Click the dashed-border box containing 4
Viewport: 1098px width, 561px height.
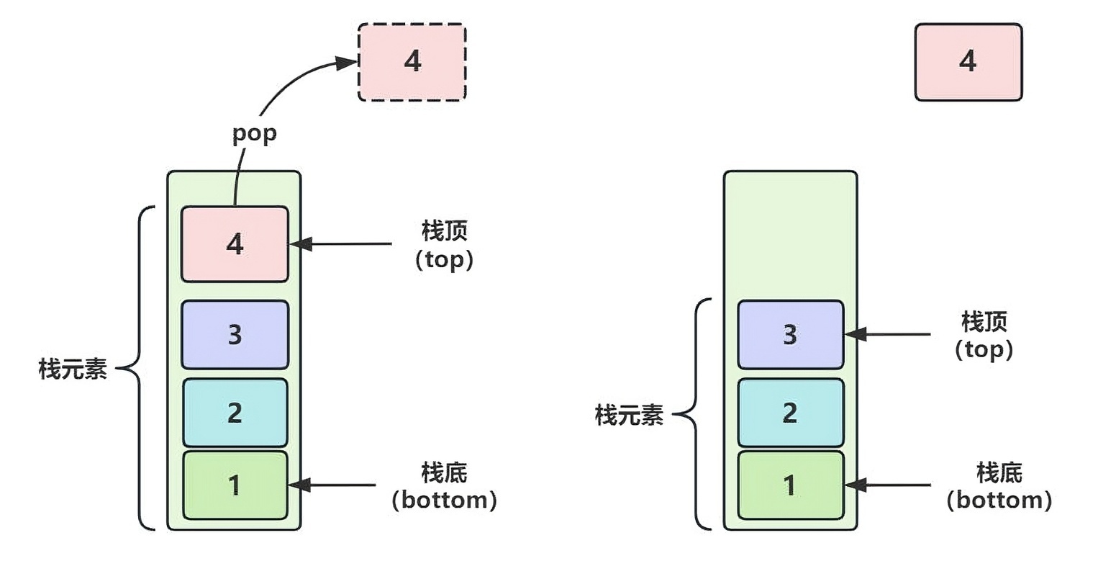coord(412,63)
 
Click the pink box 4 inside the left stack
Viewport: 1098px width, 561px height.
coord(235,244)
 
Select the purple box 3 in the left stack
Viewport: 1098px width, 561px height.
coord(235,335)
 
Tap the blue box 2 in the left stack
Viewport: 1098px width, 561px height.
coord(235,412)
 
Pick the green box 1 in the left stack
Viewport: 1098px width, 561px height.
coord(235,485)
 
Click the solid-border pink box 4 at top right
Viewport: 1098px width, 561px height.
coord(968,63)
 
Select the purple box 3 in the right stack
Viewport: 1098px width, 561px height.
coord(791,335)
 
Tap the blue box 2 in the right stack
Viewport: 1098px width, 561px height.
coord(791,412)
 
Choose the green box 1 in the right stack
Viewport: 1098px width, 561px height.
coord(791,485)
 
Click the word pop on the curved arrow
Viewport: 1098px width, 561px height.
coord(255,133)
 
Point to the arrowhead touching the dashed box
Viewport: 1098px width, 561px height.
coord(346,63)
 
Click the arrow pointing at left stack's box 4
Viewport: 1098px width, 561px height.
coord(340,243)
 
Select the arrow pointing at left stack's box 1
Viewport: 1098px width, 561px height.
coord(332,485)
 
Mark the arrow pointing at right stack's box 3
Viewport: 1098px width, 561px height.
coord(888,334)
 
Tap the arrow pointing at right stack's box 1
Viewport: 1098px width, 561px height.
coord(888,485)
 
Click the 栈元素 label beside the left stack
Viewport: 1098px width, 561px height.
coord(73,369)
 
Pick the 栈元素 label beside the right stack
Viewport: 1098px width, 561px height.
coord(629,415)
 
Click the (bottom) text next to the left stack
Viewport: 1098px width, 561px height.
coord(444,500)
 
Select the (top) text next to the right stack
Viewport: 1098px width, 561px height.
coord(984,350)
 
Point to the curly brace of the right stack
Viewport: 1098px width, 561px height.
coord(696,414)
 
